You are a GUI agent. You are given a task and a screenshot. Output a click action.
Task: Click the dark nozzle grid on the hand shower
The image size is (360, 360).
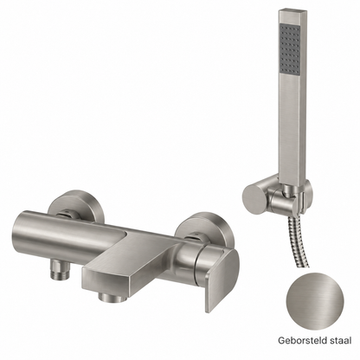291,51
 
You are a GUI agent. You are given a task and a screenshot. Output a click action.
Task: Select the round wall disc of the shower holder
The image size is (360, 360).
254,199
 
